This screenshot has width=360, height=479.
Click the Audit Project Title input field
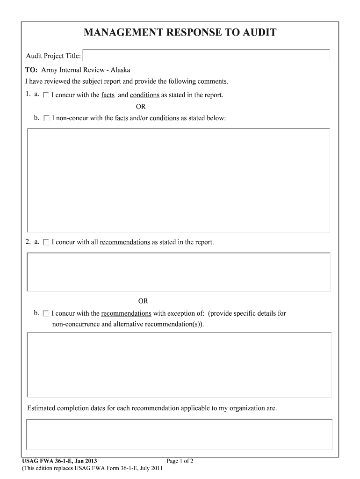click(x=206, y=56)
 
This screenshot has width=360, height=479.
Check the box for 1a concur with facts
click(x=46, y=95)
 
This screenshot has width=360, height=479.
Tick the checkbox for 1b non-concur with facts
click(x=46, y=118)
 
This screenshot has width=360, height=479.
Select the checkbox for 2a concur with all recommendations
click(x=46, y=242)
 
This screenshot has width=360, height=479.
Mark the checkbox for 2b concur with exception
click(x=46, y=313)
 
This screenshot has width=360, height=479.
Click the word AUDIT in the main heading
click(x=256, y=33)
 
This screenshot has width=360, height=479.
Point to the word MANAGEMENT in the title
click(x=120, y=33)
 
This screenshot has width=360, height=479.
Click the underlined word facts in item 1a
click(x=108, y=95)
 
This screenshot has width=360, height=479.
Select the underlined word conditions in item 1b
click(x=164, y=118)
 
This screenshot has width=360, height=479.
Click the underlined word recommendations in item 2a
click(x=125, y=242)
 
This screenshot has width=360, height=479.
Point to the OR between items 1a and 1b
click(x=141, y=107)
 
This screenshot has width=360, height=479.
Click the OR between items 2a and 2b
click(x=143, y=301)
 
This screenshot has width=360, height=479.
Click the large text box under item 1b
click(x=179, y=180)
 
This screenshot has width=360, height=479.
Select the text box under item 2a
click(x=179, y=272)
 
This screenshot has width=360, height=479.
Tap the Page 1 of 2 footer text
click(x=180, y=461)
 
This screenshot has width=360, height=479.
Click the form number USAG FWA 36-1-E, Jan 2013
click(x=60, y=461)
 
